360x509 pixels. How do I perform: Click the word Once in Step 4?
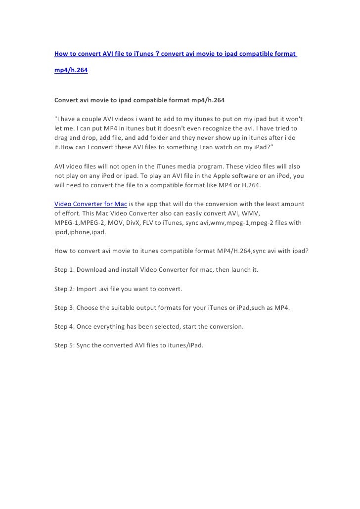88,327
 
